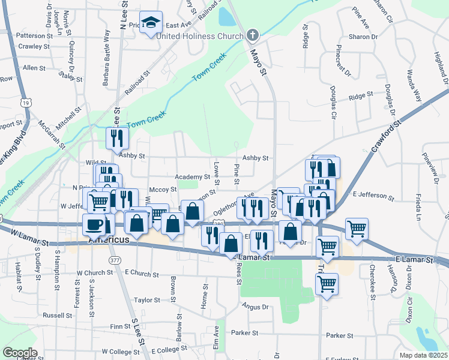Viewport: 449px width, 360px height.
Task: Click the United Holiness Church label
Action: [199, 36]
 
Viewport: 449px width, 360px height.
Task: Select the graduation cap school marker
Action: [151, 23]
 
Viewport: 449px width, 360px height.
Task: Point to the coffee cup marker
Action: [94, 224]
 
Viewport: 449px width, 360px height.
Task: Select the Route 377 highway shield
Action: [114, 259]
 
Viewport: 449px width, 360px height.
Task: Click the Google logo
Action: [19, 353]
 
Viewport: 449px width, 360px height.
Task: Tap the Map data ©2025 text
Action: [423, 355]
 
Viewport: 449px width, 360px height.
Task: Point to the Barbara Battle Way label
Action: [107, 51]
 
